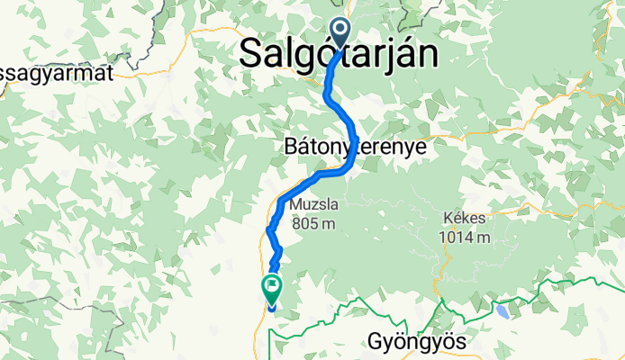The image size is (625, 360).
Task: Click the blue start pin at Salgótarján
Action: [340, 33]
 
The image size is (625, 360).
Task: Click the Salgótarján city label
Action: [340, 54]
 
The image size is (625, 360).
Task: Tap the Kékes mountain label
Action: [465, 219]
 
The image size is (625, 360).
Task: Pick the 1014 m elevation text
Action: [465, 238]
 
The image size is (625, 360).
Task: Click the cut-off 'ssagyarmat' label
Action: [58, 74]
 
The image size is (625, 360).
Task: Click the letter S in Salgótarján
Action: [251, 54]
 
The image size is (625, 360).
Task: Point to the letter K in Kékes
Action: [448, 219]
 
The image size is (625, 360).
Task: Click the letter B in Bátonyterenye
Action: [289, 145]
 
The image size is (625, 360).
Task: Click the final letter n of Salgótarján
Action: [430, 54]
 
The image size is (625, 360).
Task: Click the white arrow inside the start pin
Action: [340, 30]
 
